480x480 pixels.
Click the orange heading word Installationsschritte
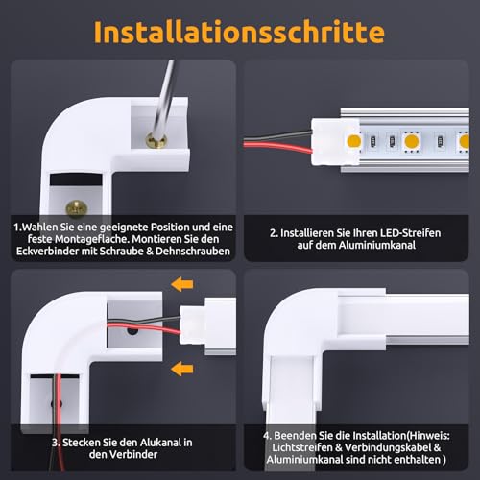[x=239, y=31]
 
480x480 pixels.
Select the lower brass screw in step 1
[x=73, y=205]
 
